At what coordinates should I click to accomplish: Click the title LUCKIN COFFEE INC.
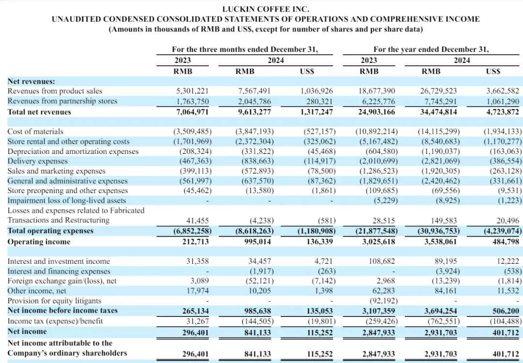tap(265, 9)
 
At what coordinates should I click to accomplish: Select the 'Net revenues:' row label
tap(31, 81)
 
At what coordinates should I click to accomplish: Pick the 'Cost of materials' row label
tap(35, 131)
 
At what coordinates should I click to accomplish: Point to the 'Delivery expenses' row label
tap(38, 161)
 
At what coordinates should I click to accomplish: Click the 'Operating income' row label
tap(39, 242)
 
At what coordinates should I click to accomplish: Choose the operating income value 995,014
tap(255, 242)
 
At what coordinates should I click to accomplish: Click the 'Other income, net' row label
tap(37, 291)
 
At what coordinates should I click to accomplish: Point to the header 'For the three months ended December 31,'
tap(245, 49)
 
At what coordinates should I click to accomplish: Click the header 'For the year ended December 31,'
tap(431, 49)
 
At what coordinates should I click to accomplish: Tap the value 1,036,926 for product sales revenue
tap(317, 91)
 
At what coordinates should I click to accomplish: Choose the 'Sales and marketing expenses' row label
tap(56, 171)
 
